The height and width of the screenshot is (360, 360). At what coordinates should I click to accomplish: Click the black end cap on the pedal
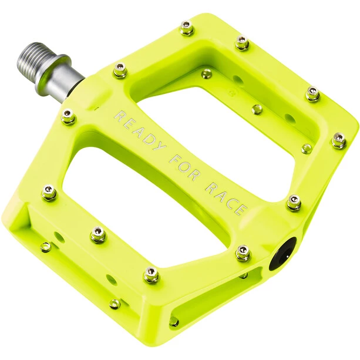(x=283, y=253)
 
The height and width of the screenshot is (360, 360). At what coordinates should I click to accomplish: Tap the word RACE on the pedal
(x=226, y=199)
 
